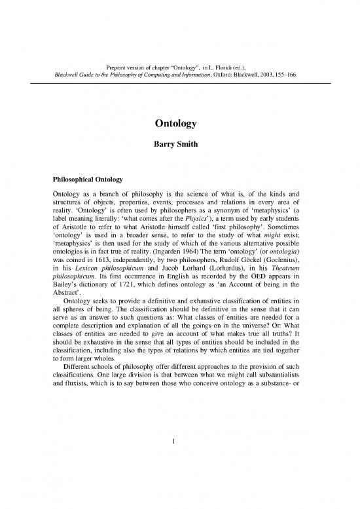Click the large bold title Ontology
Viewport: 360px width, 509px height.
tap(179, 125)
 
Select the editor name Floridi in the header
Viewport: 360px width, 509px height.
tap(223, 66)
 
